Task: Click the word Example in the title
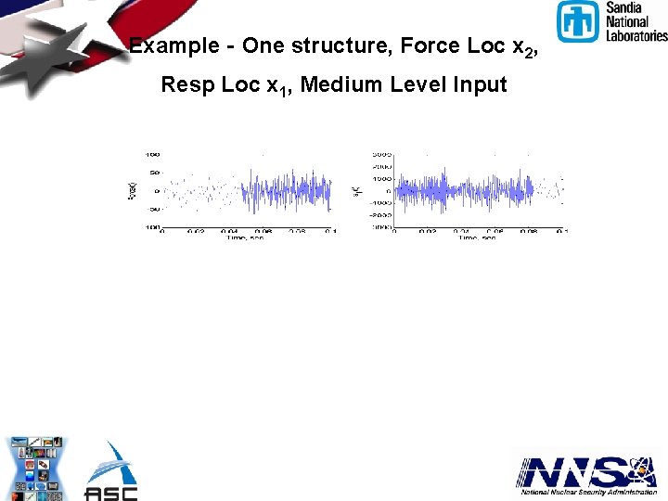click(x=173, y=46)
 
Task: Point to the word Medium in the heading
click(x=339, y=85)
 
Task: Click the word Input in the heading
click(x=480, y=85)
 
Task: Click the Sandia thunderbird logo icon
click(x=579, y=21)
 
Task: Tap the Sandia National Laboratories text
click(x=636, y=21)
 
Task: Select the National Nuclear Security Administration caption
click(x=586, y=494)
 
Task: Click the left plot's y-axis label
click(x=131, y=191)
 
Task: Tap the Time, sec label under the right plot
click(x=476, y=238)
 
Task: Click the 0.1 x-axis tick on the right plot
click(x=561, y=231)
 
